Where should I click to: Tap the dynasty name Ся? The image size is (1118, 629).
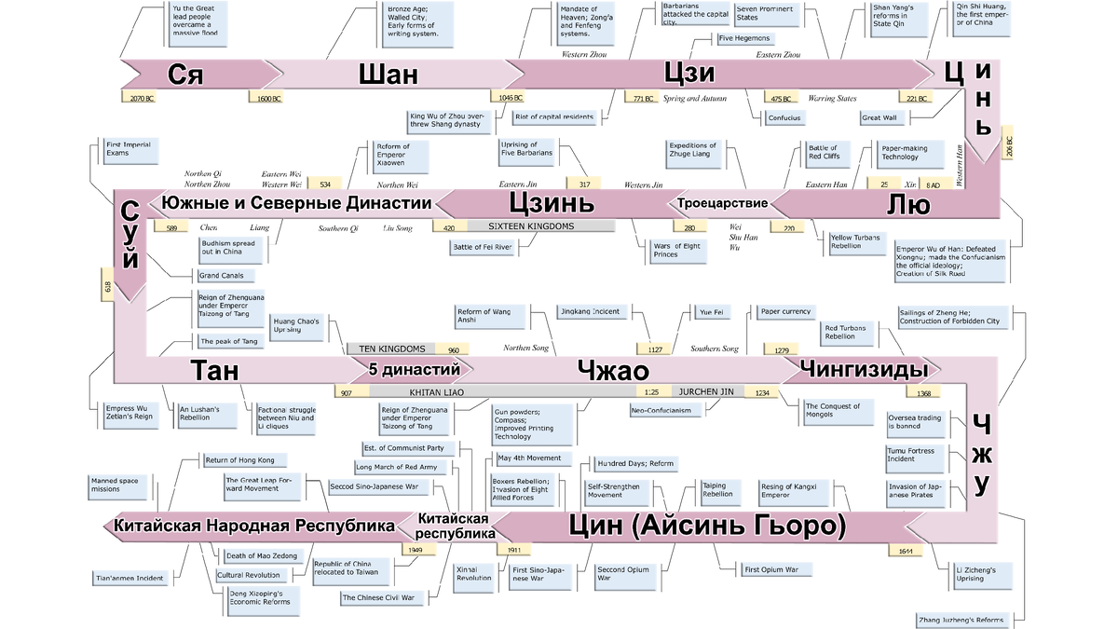click(x=185, y=75)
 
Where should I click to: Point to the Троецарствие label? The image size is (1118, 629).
click(x=722, y=203)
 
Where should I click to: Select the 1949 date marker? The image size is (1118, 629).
click(x=415, y=550)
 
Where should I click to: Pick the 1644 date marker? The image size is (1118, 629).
click(x=906, y=551)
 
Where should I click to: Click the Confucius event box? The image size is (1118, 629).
click(x=784, y=118)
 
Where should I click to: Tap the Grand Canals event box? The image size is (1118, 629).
click(x=222, y=276)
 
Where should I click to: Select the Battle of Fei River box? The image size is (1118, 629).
click(x=483, y=247)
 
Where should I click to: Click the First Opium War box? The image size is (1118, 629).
click(x=772, y=568)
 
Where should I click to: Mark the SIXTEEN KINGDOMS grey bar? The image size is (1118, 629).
click(x=540, y=226)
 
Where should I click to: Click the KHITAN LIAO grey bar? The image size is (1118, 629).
click(x=438, y=392)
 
